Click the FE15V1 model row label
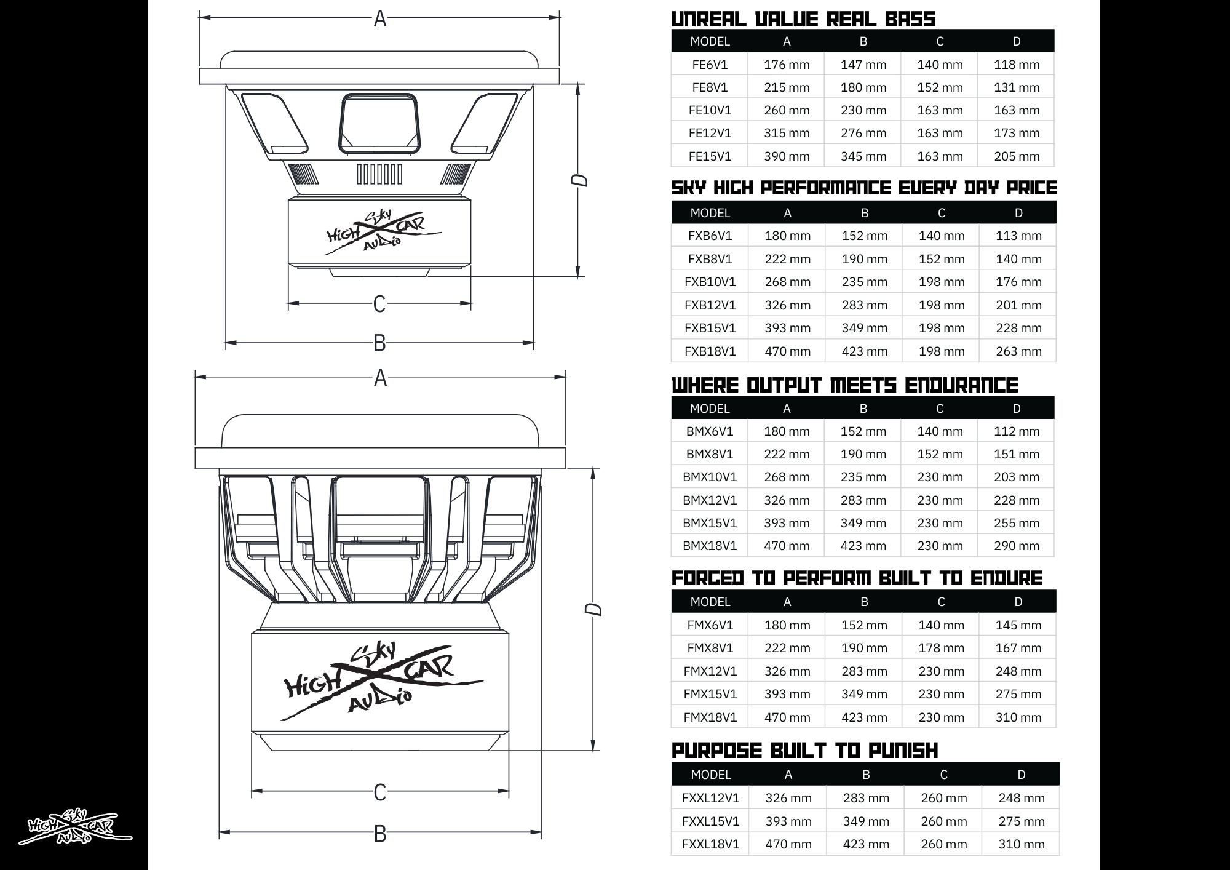[x=710, y=156]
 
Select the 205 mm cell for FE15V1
[x=1016, y=156]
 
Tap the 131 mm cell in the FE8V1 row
[x=1016, y=87]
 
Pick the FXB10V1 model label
[x=710, y=282]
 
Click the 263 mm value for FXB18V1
[x=1018, y=351]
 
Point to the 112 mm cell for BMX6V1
[x=1016, y=431]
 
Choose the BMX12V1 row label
[x=709, y=500]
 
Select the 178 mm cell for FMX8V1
[x=941, y=648]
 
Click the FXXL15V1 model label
[x=710, y=821]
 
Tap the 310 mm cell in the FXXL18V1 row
[x=1021, y=844]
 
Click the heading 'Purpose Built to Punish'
[x=804, y=751]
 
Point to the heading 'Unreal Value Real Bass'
[x=803, y=19]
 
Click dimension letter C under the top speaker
[x=379, y=304]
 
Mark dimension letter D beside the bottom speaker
[x=593, y=609]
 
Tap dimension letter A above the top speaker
[x=380, y=19]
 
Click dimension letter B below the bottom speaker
[x=380, y=834]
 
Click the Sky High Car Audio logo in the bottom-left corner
[x=76, y=826]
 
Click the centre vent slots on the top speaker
[x=379, y=174]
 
